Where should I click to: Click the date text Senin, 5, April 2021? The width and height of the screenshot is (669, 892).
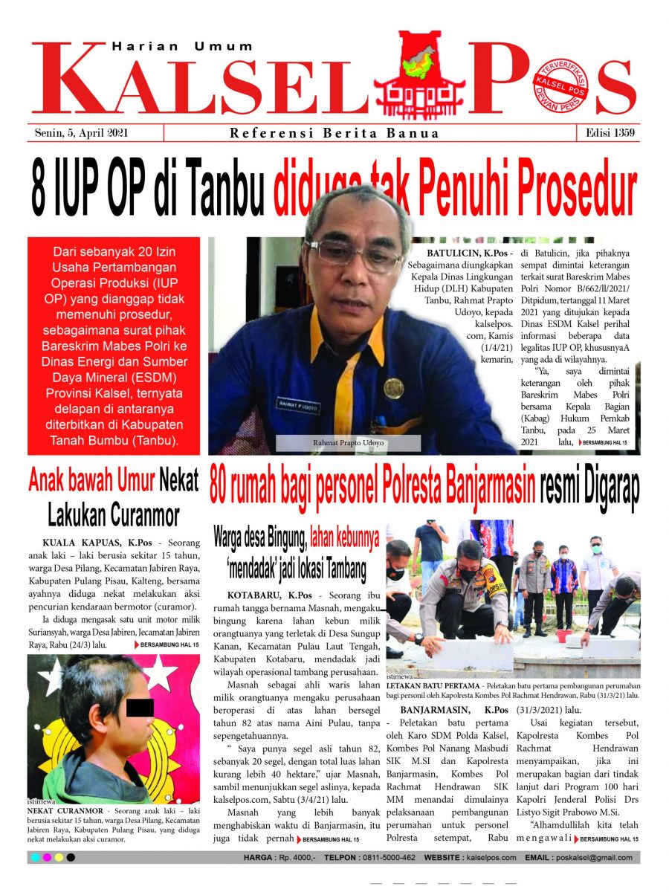(82, 133)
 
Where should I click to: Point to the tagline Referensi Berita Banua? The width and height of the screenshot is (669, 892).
(334, 134)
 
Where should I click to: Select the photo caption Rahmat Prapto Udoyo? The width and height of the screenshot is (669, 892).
(347, 444)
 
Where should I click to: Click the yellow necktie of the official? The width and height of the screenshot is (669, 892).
(346, 387)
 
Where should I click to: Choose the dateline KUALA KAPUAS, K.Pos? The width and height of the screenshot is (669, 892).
(86, 543)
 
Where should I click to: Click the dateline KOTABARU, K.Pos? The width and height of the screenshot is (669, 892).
(269, 596)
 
